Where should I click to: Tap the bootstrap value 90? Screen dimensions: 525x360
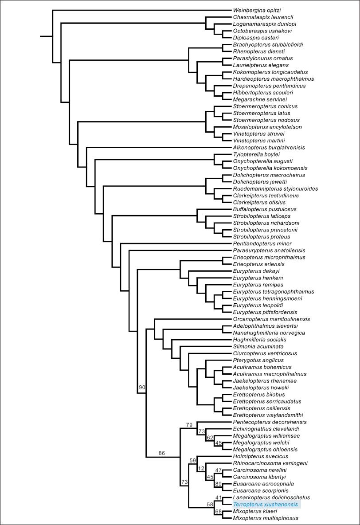point(142,388)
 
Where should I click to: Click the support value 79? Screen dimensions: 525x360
point(189,425)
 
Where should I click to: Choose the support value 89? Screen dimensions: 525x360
point(218,483)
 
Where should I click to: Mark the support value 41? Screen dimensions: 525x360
point(218,497)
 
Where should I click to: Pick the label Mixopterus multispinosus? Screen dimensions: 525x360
point(266,518)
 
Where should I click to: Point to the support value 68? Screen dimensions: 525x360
point(218,511)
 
